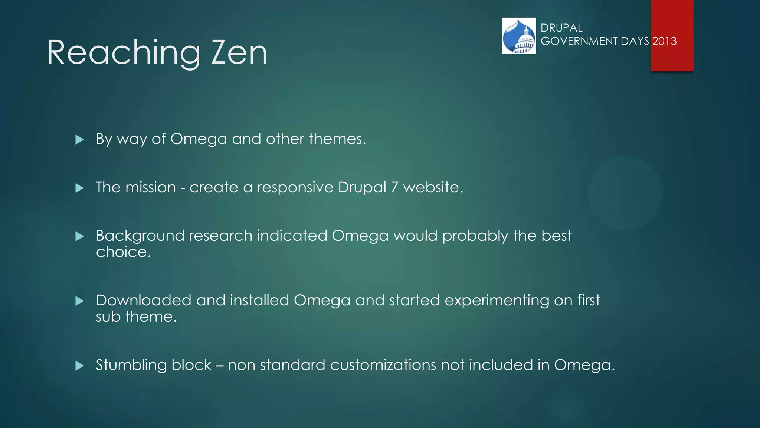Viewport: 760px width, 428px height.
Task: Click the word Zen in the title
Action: [239, 53]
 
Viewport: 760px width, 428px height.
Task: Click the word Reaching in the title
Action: [124, 53]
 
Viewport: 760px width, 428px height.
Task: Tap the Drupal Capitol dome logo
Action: [519, 36]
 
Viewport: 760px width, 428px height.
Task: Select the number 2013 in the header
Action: [665, 41]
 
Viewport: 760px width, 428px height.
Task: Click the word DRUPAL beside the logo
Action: [561, 28]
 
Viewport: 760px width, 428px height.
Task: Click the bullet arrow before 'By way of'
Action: [79, 140]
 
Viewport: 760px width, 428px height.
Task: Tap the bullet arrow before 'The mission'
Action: [79, 188]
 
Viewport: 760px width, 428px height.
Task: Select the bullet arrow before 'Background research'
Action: [79, 236]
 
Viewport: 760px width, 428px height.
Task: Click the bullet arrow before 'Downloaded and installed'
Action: [79, 301]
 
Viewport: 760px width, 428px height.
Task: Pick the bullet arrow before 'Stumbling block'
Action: [79, 366]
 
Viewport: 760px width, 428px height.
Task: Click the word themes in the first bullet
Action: [337, 139]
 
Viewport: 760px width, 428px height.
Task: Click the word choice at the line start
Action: [123, 252]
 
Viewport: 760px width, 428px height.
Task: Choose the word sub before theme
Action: [108, 317]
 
